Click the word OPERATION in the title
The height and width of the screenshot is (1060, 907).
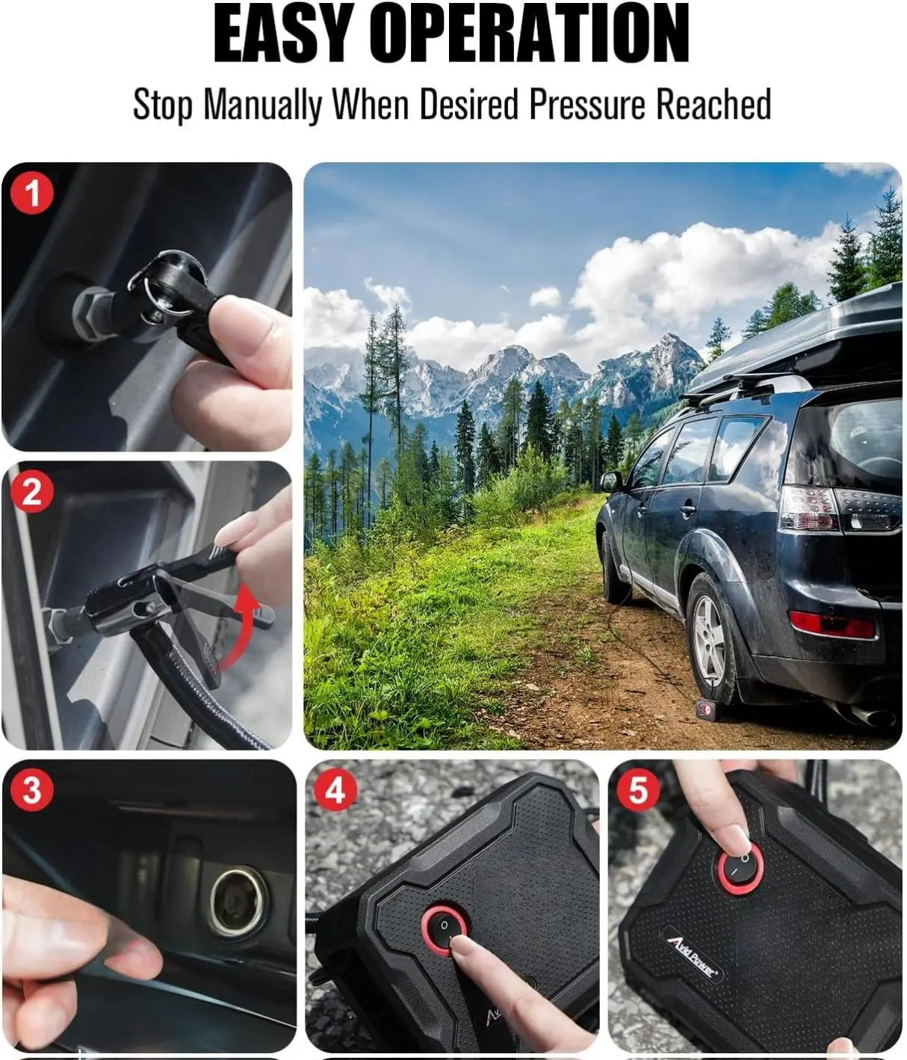click(536, 33)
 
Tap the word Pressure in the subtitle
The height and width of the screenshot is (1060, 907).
click(588, 105)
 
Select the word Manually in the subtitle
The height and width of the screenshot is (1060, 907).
click(263, 105)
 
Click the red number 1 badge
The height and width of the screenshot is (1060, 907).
click(32, 194)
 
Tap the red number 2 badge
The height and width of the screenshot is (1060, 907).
click(32, 493)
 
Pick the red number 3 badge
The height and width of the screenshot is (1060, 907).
click(32, 789)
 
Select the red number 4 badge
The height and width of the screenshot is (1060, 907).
click(335, 789)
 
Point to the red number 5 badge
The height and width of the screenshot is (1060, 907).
click(639, 789)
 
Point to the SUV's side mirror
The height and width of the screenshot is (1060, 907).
click(611, 481)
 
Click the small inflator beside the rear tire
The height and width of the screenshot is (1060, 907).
click(705, 710)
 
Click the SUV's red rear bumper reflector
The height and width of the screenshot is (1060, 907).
click(832, 625)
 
